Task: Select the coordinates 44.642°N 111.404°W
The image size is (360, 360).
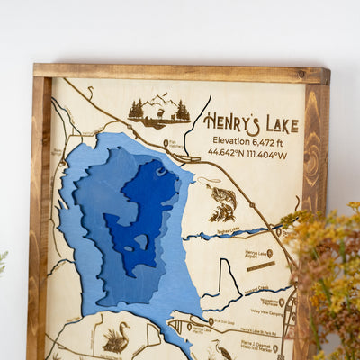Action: (247, 154)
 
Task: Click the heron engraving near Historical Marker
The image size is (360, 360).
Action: (220, 349)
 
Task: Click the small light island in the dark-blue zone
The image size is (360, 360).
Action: (140, 240)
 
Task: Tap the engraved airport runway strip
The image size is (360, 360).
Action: (261, 266)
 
